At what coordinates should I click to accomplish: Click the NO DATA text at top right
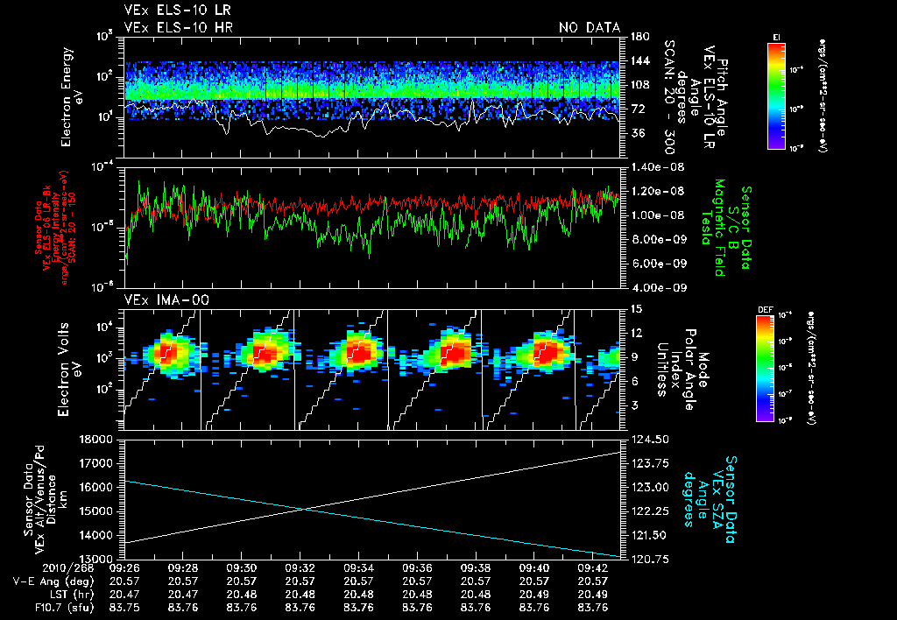(x=589, y=27)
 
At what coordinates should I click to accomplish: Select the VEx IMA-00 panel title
(x=161, y=300)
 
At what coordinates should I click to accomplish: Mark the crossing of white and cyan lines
(x=303, y=509)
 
